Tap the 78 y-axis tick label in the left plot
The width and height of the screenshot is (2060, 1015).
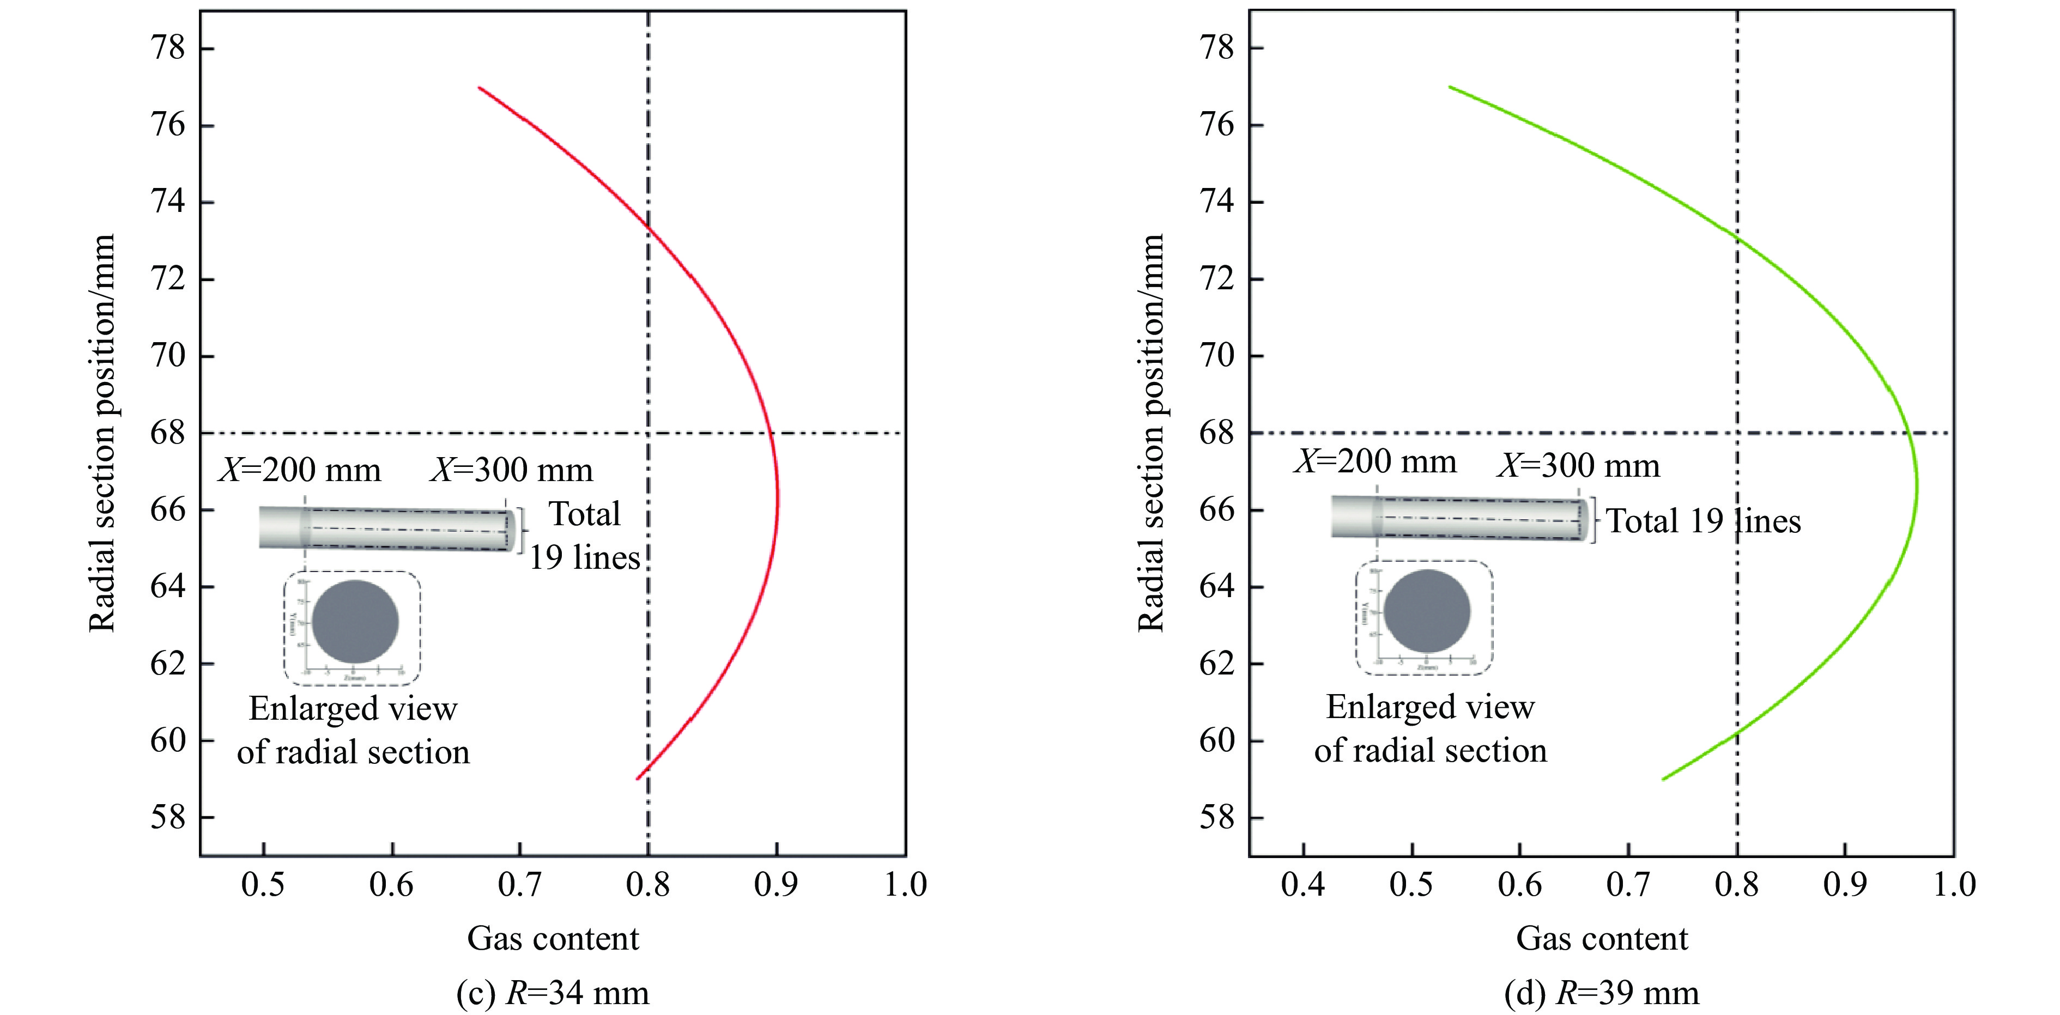coord(168,48)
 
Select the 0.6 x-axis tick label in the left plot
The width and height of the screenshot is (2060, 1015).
coord(392,885)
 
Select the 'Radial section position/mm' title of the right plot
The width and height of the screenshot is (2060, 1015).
coord(1151,433)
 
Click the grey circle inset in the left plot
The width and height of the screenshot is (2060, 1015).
coord(355,622)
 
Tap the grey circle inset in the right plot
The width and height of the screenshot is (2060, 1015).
coord(1427,611)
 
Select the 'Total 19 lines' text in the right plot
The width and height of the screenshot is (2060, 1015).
coord(1704,521)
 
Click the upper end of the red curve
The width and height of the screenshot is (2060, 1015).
coord(480,88)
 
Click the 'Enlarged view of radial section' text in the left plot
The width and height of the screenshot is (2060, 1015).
coord(353,730)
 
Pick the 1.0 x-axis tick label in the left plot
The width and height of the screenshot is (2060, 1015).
coord(905,885)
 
